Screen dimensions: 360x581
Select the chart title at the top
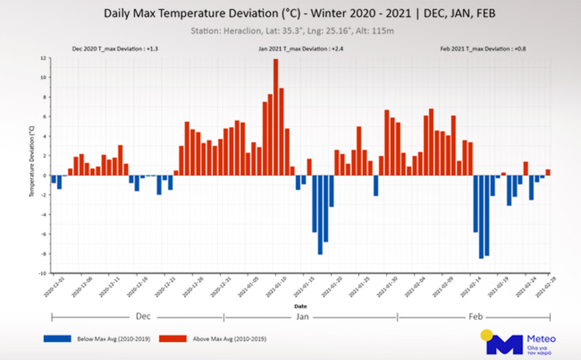pyautogui.click(x=290, y=13)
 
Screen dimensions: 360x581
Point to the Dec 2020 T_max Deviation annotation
pyautogui.click(x=115, y=50)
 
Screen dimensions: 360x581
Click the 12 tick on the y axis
pyautogui.click(x=42, y=58)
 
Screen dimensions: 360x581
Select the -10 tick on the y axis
pyautogui.click(x=41, y=273)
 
